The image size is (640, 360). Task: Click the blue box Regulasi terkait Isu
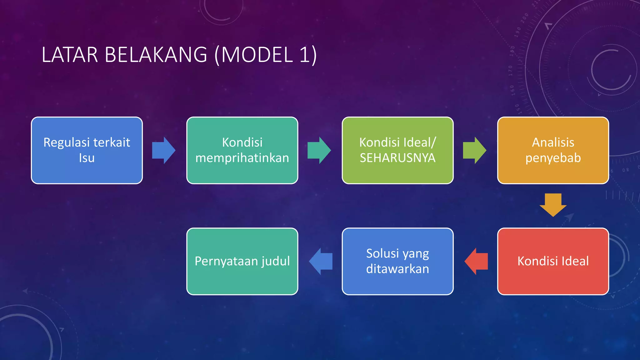[x=87, y=150]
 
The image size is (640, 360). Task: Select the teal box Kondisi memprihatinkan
[x=242, y=150]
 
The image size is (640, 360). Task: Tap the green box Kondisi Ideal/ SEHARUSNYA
[x=397, y=150]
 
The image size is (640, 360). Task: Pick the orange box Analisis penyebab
[x=553, y=150]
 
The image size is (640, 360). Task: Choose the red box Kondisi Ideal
[x=553, y=261]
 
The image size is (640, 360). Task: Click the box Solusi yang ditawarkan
[x=397, y=261]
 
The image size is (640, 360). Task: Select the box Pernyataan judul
[x=242, y=261]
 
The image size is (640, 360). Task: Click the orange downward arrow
[x=553, y=205]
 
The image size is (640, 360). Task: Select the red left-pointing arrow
[x=476, y=261]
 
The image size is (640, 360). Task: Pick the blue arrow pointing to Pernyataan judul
[x=321, y=261]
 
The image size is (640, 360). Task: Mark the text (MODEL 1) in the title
[x=266, y=55]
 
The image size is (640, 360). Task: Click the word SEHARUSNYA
[x=397, y=158]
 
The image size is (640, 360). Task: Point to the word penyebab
[x=553, y=158]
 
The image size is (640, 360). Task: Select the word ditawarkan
[x=397, y=269]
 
